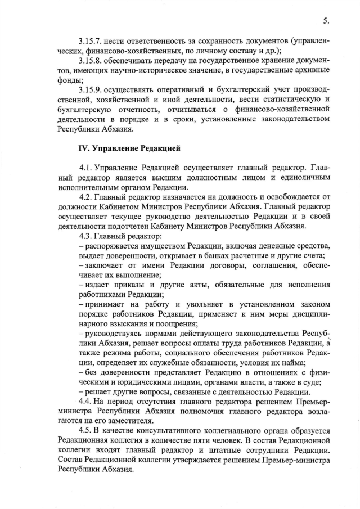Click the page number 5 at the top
click(326, 21)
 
